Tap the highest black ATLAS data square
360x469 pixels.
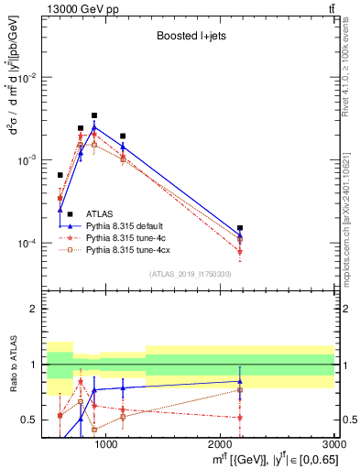(x=93, y=115)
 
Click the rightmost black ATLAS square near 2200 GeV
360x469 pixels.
(x=240, y=228)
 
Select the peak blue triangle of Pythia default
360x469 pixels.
(x=93, y=127)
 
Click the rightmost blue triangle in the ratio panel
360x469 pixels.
(x=240, y=381)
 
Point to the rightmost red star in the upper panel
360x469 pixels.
(x=240, y=251)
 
